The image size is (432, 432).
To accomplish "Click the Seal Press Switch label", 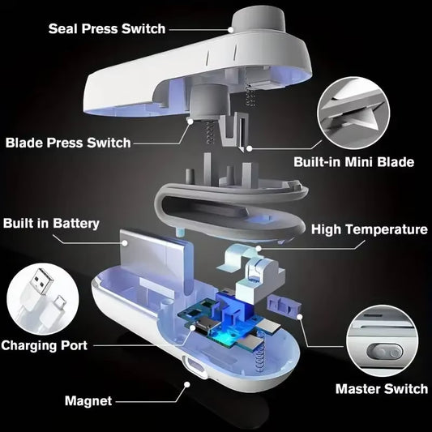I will click(x=106, y=29).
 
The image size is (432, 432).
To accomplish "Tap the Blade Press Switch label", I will click(x=67, y=143).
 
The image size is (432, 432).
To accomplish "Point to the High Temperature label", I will click(x=370, y=229).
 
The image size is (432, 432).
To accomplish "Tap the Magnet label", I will click(x=89, y=400).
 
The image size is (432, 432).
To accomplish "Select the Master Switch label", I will click(x=381, y=389).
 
